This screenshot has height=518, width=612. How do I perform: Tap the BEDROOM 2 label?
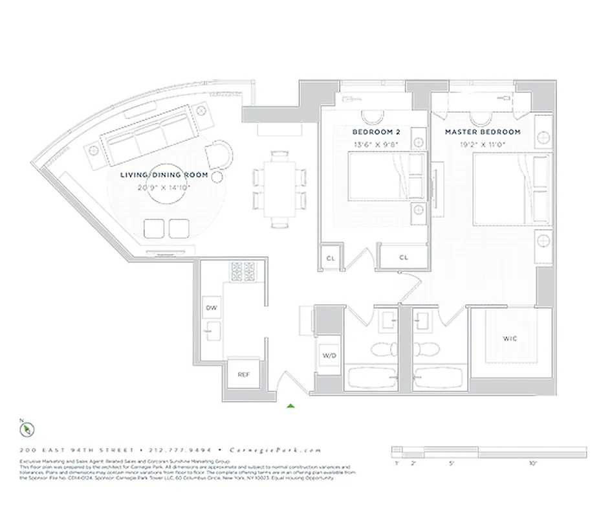[x=372, y=131]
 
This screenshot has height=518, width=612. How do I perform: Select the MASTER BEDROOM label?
[x=482, y=131]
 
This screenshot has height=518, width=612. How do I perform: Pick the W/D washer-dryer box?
[x=328, y=355]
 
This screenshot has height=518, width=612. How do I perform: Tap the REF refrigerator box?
[x=243, y=374]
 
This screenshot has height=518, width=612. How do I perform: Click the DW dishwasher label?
[x=211, y=308]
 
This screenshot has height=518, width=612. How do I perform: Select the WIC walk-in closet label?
[x=510, y=338]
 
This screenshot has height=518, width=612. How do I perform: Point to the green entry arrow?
[x=291, y=406]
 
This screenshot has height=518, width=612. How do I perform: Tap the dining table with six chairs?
[x=278, y=188]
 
